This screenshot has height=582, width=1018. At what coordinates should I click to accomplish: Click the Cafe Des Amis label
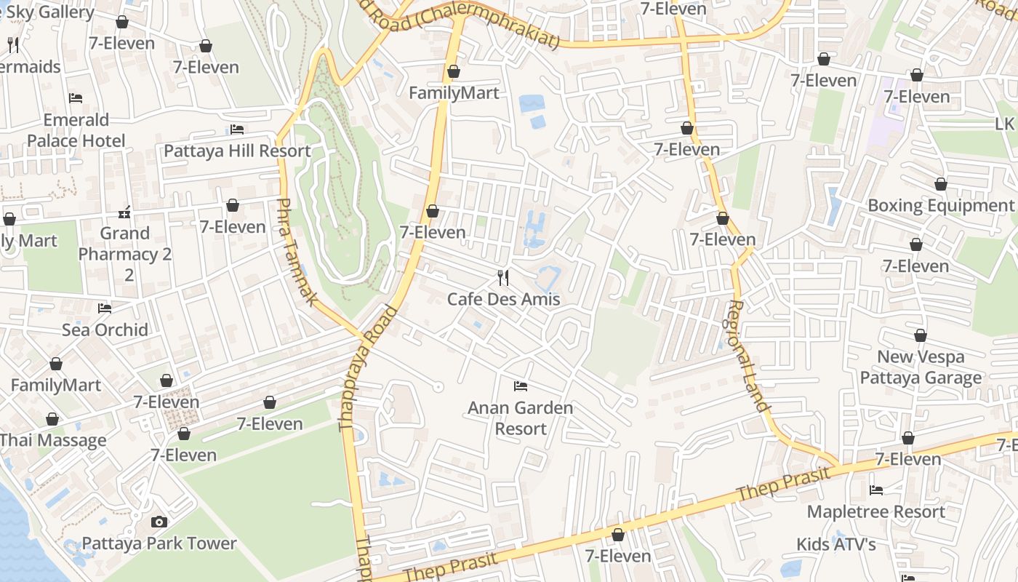click(x=503, y=299)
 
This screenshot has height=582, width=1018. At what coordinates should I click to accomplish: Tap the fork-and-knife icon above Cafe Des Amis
click(x=502, y=277)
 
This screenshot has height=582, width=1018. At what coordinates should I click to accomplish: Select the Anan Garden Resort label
click(x=520, y=418)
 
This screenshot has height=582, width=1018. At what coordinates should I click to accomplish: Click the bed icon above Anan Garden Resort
click(x=520, y=386)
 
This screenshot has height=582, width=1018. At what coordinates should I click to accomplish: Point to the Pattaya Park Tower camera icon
click(x=159, y=522)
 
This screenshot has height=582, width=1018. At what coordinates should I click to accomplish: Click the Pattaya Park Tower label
click(x=159, y=543)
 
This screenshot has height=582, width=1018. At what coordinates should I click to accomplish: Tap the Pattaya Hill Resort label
click(x=237, y=151)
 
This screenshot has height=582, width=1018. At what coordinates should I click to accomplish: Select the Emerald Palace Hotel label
click(x=76, y=130)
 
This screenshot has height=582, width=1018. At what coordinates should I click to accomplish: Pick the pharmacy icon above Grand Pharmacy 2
click(x=124, y=212)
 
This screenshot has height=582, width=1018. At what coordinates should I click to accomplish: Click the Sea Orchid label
click(x=105, y=330)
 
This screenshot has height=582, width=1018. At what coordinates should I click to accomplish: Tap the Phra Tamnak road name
click(x=296, y=252)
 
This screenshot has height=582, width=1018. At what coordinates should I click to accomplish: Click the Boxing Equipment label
click(x=940, y=205)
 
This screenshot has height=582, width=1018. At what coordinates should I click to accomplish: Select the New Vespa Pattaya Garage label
click(x=921, y=367)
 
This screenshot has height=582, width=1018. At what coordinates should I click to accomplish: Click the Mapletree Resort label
click(x=875, y=511)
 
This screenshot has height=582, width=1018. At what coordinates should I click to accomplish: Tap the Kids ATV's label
click(x=835, y=543)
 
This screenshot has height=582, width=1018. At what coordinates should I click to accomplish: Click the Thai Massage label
click(x=53, y=440)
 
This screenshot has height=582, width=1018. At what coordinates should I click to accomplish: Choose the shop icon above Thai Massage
click(x=52, y=419)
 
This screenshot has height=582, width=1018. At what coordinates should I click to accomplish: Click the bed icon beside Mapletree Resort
click(x=876, y=490)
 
